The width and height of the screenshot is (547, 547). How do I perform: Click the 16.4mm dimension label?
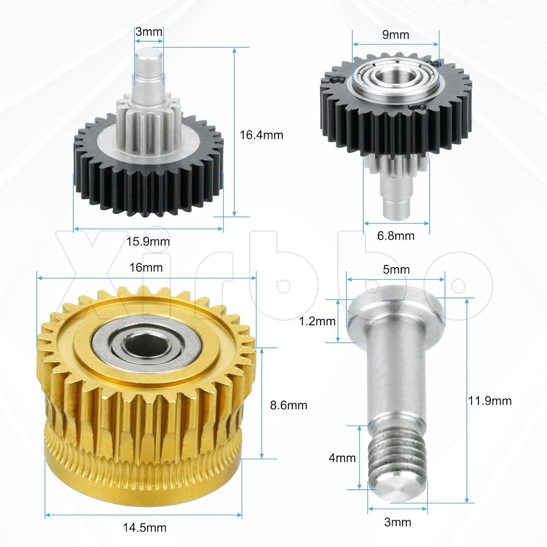pos(262,135)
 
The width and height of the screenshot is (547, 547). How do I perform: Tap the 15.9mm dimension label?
pos(148,242)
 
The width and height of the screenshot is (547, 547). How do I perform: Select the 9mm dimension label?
pos(396,35)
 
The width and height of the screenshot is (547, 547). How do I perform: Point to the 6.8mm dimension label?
pos(396,235)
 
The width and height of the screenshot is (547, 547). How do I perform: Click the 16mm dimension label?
pos(146,267)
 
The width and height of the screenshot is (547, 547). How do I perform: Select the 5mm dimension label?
pos(396,270)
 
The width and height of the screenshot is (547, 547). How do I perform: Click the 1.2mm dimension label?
pos(317,321)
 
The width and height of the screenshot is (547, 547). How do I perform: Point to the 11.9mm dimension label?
pos(490,401)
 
